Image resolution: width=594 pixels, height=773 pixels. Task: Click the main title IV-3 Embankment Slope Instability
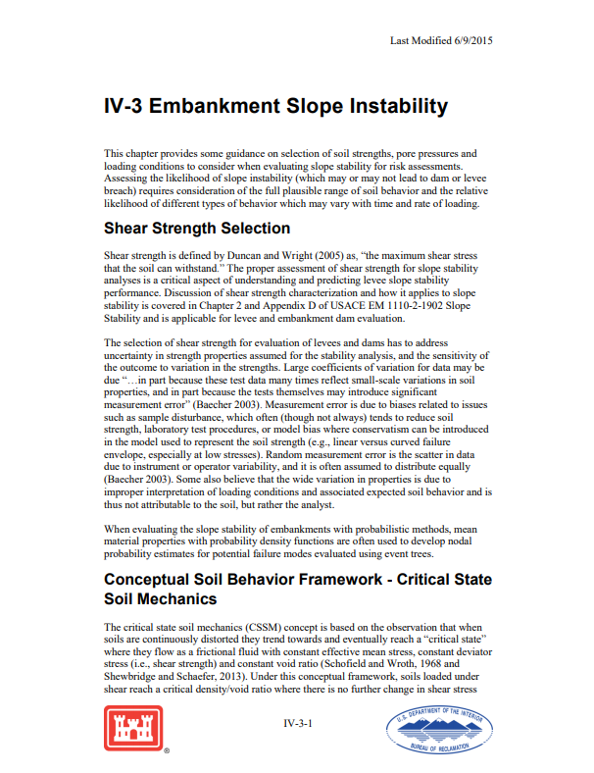pyautogui.click(x=275, y=106)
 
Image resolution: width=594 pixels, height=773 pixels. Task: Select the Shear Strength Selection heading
pyautogui.click(x=196, y=229)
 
